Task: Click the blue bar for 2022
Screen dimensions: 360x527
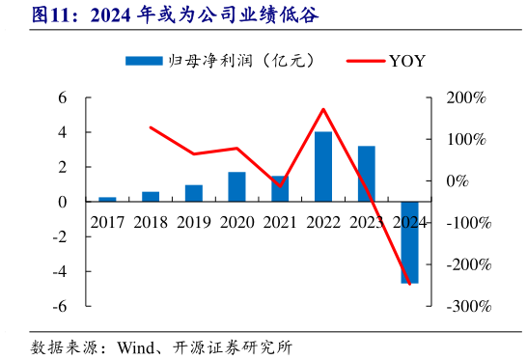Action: coord(323,166)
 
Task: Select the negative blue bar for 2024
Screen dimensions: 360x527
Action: coord(409,242)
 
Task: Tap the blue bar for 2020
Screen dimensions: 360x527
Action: coord(236,186)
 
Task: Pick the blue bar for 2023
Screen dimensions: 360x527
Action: coord(367,174)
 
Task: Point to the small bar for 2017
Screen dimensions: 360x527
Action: coord(107,199)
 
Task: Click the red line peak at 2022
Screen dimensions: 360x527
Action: coord(323,109)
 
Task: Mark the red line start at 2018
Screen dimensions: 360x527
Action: coord(151,127)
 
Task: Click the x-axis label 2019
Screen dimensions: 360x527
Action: coord(193,222)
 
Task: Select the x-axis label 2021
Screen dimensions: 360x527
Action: coord(280,222)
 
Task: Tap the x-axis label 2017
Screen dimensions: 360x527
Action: coord(107,222)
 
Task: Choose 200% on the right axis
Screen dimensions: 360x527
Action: coord(467,97)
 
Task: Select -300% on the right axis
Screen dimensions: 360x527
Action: coord(467,306)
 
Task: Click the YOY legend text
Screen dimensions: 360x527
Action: coord(407,61)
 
